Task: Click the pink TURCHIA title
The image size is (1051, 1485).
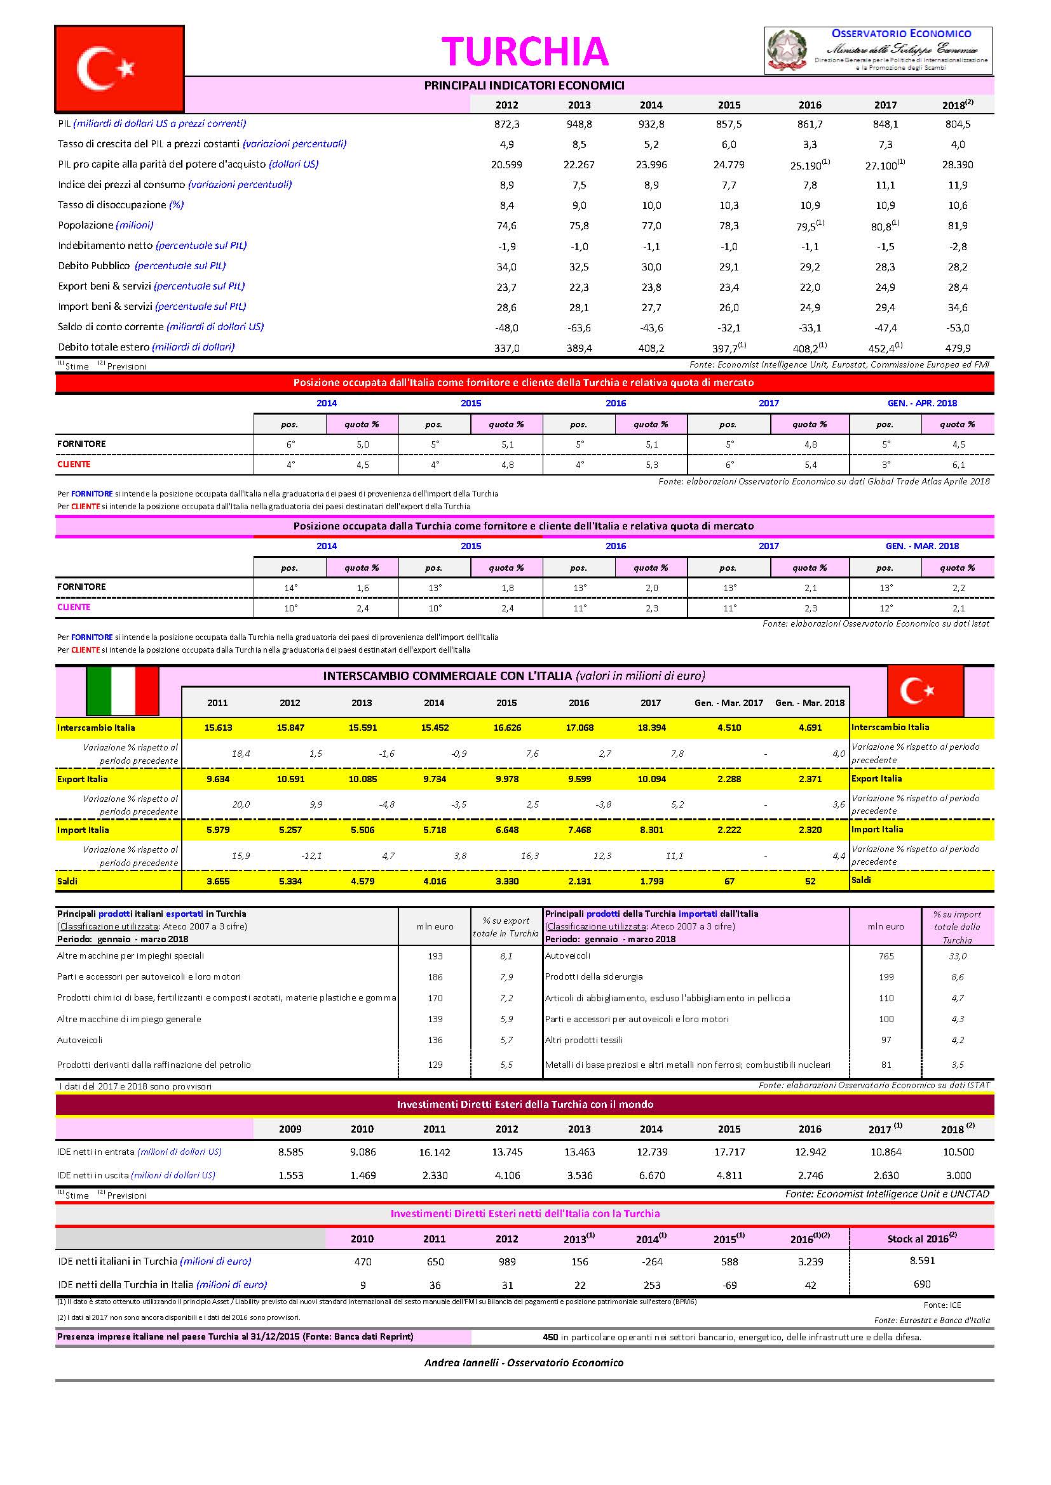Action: tap(525, 51)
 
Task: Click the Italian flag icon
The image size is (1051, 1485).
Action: tap(122, 690)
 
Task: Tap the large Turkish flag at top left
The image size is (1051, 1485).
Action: tap(119, 69)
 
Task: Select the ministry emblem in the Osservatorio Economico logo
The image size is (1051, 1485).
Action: tap(787, 50)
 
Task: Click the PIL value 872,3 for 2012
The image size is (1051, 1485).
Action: tap(506, 124)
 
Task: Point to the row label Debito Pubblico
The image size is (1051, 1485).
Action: tap(94, 266)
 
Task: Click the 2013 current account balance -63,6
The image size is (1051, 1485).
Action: tap(579, 327)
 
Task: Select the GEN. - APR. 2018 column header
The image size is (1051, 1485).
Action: tap(921, 403)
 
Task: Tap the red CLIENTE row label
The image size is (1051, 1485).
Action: tap(74, 464)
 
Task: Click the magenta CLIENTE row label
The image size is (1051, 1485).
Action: tap(74, 608)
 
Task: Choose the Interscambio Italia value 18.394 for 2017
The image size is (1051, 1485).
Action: tap(651, 728)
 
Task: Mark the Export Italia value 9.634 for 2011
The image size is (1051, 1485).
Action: tap(217, 779)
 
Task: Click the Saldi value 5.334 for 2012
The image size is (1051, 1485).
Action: tap(290, 881)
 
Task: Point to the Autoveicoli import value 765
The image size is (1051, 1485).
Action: tap(886, 956)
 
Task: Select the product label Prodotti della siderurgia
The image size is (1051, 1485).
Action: tap(593, 976)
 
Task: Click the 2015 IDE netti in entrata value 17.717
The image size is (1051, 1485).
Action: tap(729, 1152)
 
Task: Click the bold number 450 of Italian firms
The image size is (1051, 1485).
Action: tap(550, 1337)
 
